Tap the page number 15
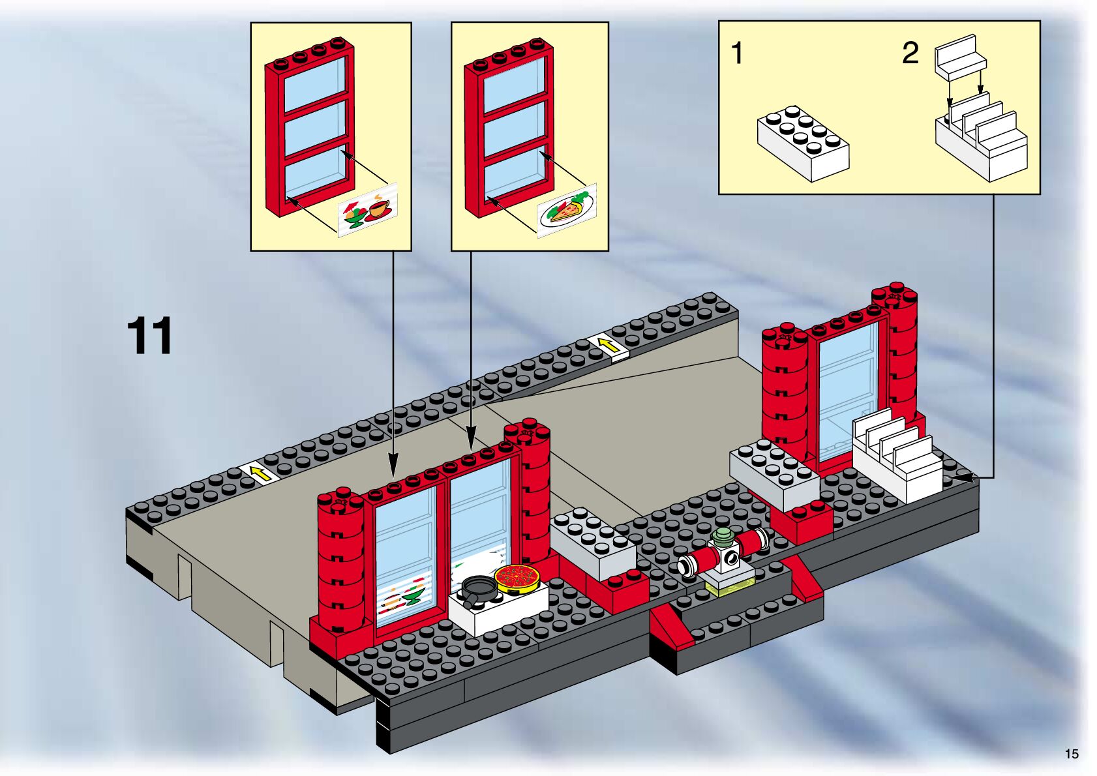click(x=1072, y=754)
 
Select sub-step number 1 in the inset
click(x=737, y=53)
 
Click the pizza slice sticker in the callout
click(x=567, y=211)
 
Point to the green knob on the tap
click(x=722, y=539)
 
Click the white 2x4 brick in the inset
click(x=803, y=143)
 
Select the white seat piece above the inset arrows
click(x=961, y=56)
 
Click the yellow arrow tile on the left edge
click(x=259, y=474)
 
